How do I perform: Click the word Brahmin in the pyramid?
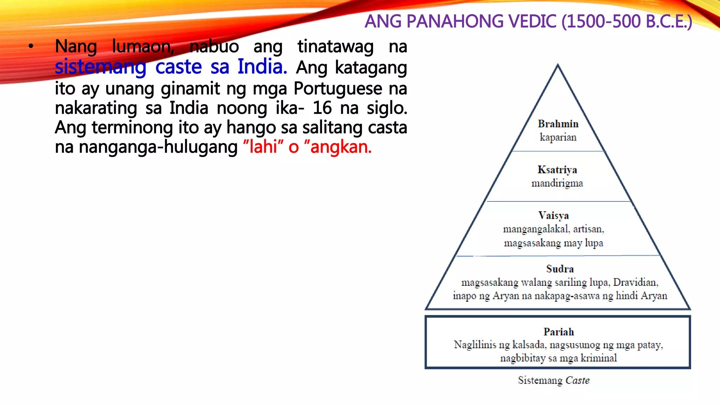(558, 124)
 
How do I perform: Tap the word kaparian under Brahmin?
(558, 137)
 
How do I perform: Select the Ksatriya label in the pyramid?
(557, 170)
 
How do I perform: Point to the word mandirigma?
(557, 183)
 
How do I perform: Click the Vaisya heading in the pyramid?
(553, 216)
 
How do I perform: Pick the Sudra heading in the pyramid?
(560, 269)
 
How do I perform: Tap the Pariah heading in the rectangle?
(558, 332)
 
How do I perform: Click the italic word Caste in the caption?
(577, 380)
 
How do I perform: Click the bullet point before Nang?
(31, 46)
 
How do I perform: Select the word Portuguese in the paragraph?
(337, 88)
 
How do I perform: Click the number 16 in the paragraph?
(322, 108)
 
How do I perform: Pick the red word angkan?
(340, 147)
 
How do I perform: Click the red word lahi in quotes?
(263, 147)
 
